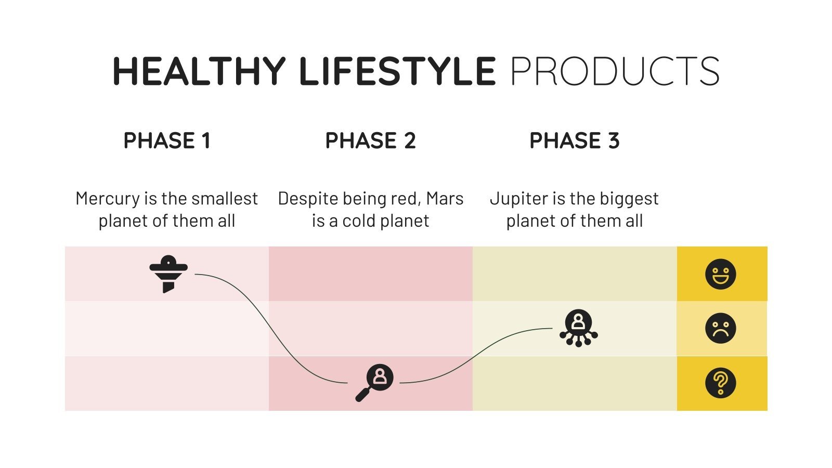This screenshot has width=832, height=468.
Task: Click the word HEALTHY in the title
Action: pos(199,71)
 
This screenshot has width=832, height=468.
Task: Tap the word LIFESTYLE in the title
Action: pos(397,71)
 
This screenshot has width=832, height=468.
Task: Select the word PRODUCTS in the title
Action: pos(615,71)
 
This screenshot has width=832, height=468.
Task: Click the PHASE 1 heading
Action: pos(167,141)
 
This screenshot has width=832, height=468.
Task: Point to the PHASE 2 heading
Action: pos(370,141)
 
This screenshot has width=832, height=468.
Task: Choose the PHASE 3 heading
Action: pos(574,141)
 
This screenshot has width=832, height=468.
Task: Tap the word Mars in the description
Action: pos(445,199)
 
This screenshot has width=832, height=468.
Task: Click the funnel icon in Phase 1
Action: pos(168,274)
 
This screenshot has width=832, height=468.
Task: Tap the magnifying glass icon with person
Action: pos(375,382)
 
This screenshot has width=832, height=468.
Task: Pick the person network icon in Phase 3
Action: pos(578,328)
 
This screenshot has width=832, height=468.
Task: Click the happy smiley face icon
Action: pos(720,274)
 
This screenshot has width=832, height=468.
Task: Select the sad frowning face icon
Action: pos(720,328)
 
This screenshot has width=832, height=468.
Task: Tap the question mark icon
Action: pos(720,383)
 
